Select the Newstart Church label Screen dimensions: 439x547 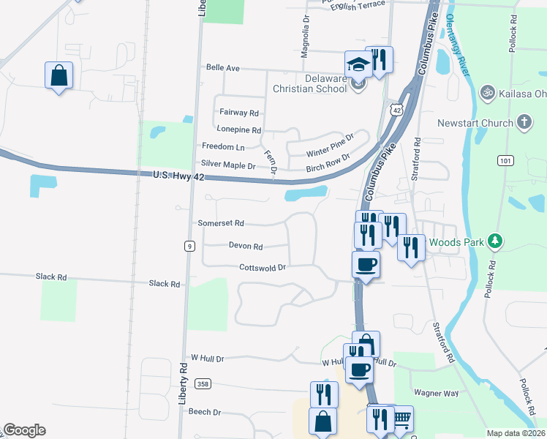pyautogui.click(x=475, y=123)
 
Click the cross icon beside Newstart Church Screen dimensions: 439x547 pyautogui.click(x=524, y=122)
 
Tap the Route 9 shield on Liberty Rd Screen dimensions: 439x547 pyautogui.click(x=189, y=247)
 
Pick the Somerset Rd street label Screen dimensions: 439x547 pyautogui.click(x=220, y=223)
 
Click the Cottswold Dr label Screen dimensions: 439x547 pyautogui.click(x=262, y=268)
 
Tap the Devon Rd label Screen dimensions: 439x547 pyautogui.click(x=246, y=247)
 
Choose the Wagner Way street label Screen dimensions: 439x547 pyautogui.click(x=436, y=393)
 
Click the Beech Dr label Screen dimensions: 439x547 pyautogui.click(x=205, y=412)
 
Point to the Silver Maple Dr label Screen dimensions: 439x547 pyautogui.click(x=228, y=166)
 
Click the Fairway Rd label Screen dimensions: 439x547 pyautogui.click(x=239, y=113)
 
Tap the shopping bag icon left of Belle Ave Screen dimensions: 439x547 pyautogui.click(x=59, y=75)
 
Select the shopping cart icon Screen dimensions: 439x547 pyautogui.click(x=401, y=419)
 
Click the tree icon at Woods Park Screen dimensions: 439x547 pyautogui.click(x=495, y=240)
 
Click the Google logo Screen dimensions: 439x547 pyautogui.click(x=24, y=430)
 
